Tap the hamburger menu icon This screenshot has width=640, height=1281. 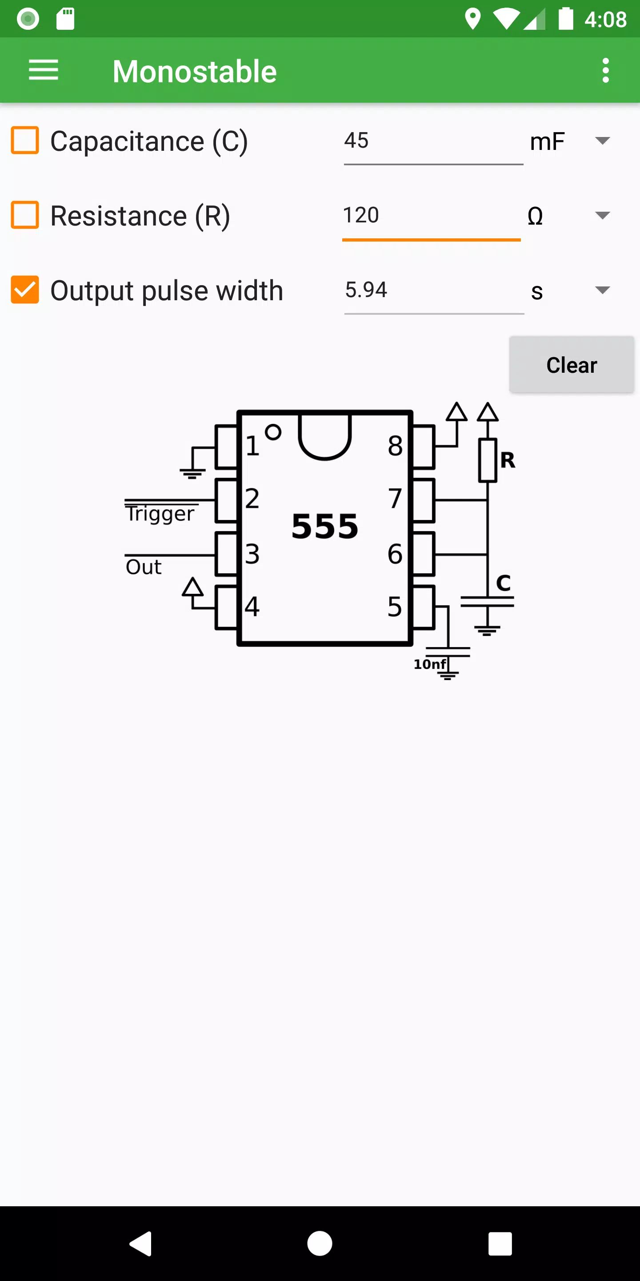[x=44, y=70]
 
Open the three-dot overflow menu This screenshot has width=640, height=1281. [x=605, y=70]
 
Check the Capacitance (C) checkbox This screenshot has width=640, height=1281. [x=25, y=140]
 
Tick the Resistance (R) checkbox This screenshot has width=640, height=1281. [x=25, y=215]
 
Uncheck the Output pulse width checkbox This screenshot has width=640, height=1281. [x=25, y=290]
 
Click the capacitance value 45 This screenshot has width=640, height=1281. [x=356, y=140]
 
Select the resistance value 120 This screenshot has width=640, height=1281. [x=361, y=215]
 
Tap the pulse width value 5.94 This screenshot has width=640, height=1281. [x=366, y=290]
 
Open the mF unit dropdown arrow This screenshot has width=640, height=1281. [x=602, y=141]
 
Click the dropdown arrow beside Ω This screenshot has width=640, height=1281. [x=602, y=215]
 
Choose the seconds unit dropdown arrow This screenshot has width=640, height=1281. [x=602, y=290]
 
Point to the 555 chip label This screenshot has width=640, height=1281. [x=325, y=527]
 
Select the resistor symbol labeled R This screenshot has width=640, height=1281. [x=488, y=460]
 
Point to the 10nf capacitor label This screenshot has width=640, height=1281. [x=430, y=664]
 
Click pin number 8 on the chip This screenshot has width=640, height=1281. [x=396, y=446]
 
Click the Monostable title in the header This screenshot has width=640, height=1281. [x=195, y=71]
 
